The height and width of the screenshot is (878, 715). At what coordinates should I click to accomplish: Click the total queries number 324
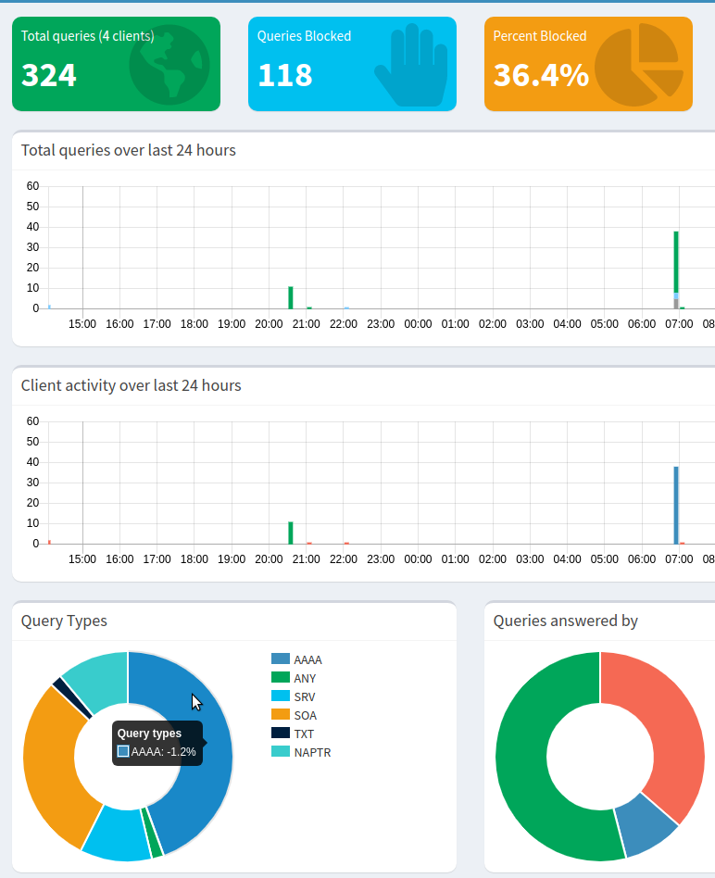[x=49, y=75]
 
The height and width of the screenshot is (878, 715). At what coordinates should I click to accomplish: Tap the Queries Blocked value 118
[x=285, y=75]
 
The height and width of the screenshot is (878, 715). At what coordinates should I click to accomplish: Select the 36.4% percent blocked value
[x=541, y=75]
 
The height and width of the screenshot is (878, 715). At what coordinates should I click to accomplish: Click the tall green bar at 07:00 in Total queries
[x=676, y=264]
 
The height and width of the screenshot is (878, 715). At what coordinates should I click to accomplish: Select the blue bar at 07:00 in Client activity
[x=676, y=505]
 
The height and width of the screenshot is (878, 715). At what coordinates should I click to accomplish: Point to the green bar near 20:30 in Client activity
[x=291, y=533]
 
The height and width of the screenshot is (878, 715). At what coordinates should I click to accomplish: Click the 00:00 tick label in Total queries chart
[x=418, y=324]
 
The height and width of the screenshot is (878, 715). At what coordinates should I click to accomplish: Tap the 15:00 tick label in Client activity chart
[x=82, y=559]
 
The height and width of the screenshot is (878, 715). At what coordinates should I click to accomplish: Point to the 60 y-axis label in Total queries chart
[x=32, y=186]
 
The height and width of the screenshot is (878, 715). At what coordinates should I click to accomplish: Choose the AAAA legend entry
[x=297, y=659]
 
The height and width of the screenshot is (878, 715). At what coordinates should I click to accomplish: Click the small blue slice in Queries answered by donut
[x=644, y=823]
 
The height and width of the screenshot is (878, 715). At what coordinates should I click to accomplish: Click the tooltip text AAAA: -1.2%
[x=163, y=752]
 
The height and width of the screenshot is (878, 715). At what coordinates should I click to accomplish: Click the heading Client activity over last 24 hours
[x=131, y=385]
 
